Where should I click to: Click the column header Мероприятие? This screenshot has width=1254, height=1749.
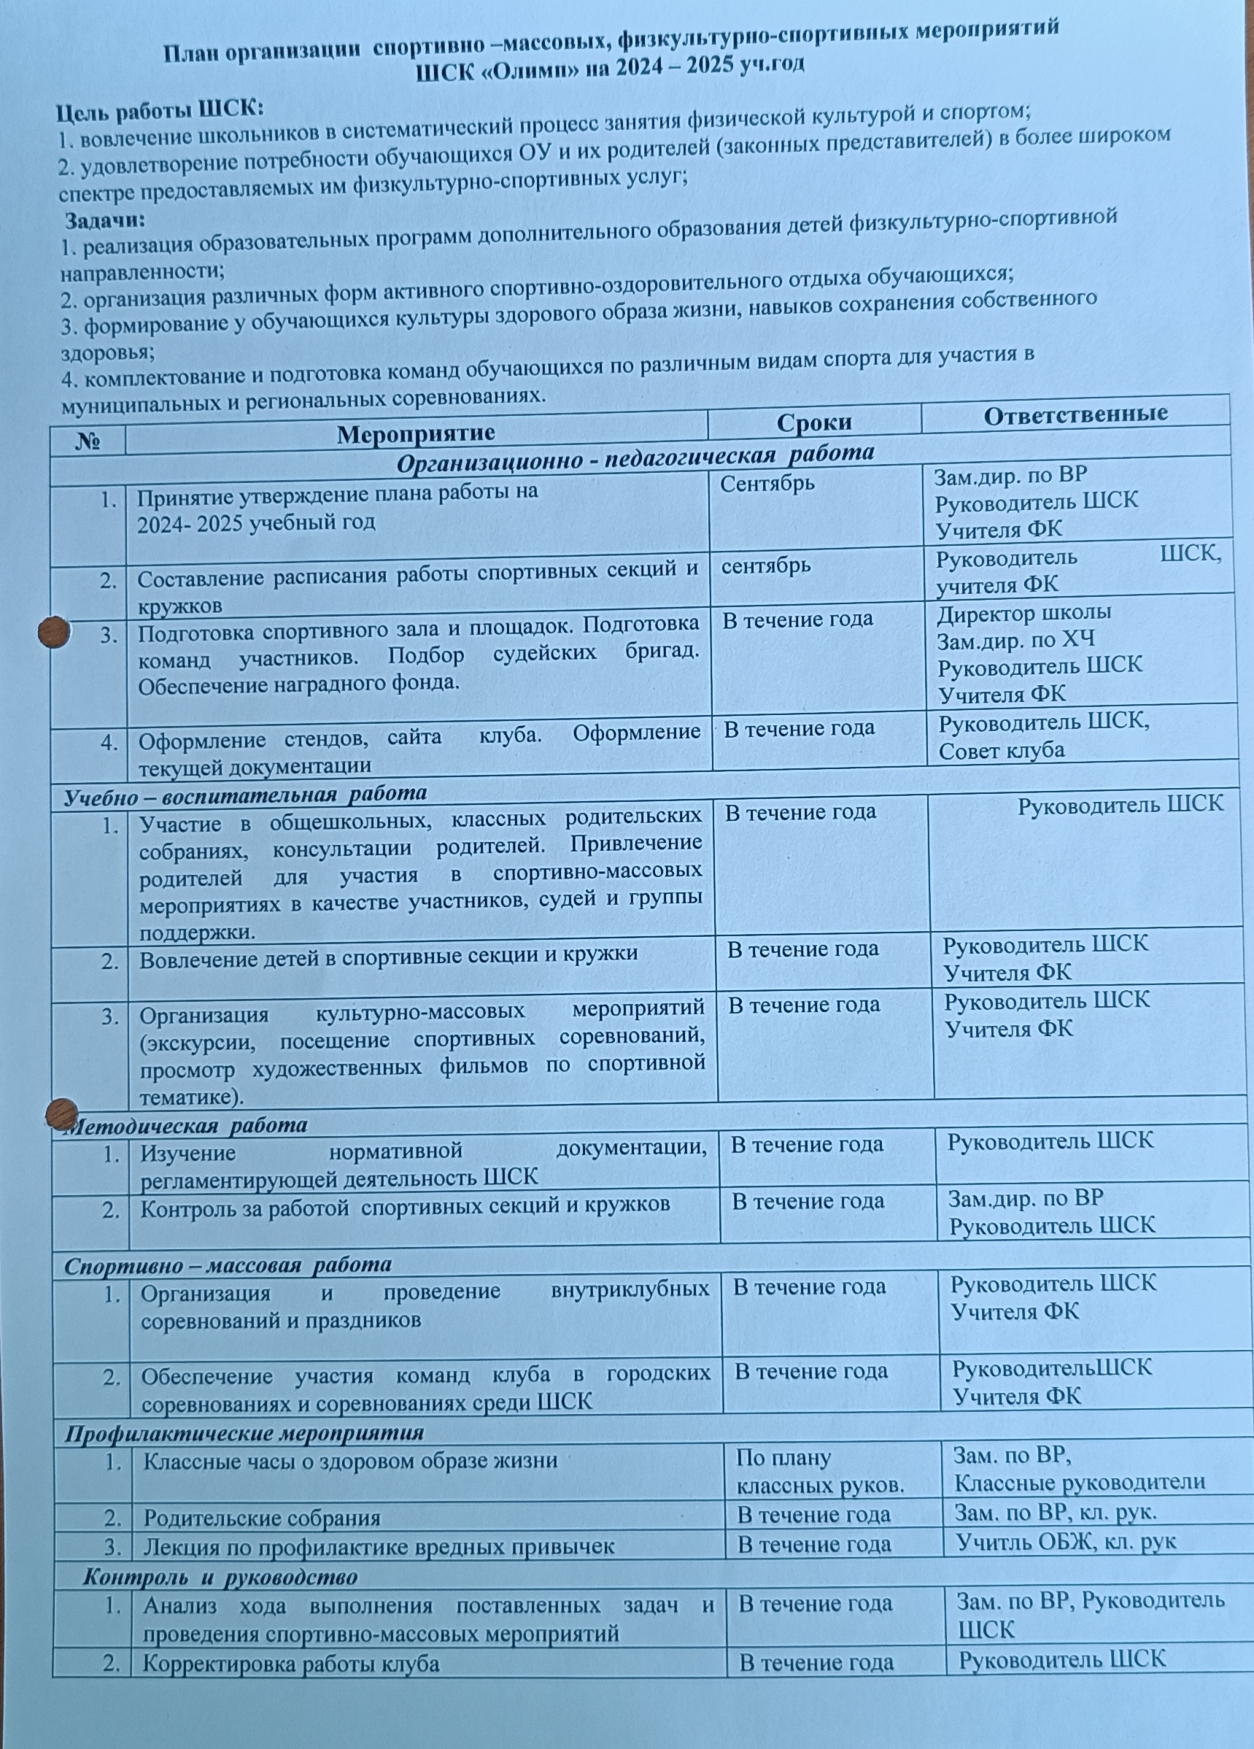coord(416,433)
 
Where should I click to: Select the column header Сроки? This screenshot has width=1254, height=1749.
coord(813,422)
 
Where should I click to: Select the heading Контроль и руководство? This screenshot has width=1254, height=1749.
coord(220,1577)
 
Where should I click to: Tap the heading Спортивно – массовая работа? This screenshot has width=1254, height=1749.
coord(228,1265)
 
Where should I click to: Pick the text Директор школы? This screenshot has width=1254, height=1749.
coord(1024,613)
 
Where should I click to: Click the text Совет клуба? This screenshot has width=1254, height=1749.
coord(1001,750)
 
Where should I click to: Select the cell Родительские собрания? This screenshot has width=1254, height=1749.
coord(262,1518)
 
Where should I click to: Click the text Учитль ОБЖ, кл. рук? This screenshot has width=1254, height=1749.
coord(1066,1542)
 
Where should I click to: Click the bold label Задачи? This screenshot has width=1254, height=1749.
coord(105,220)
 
